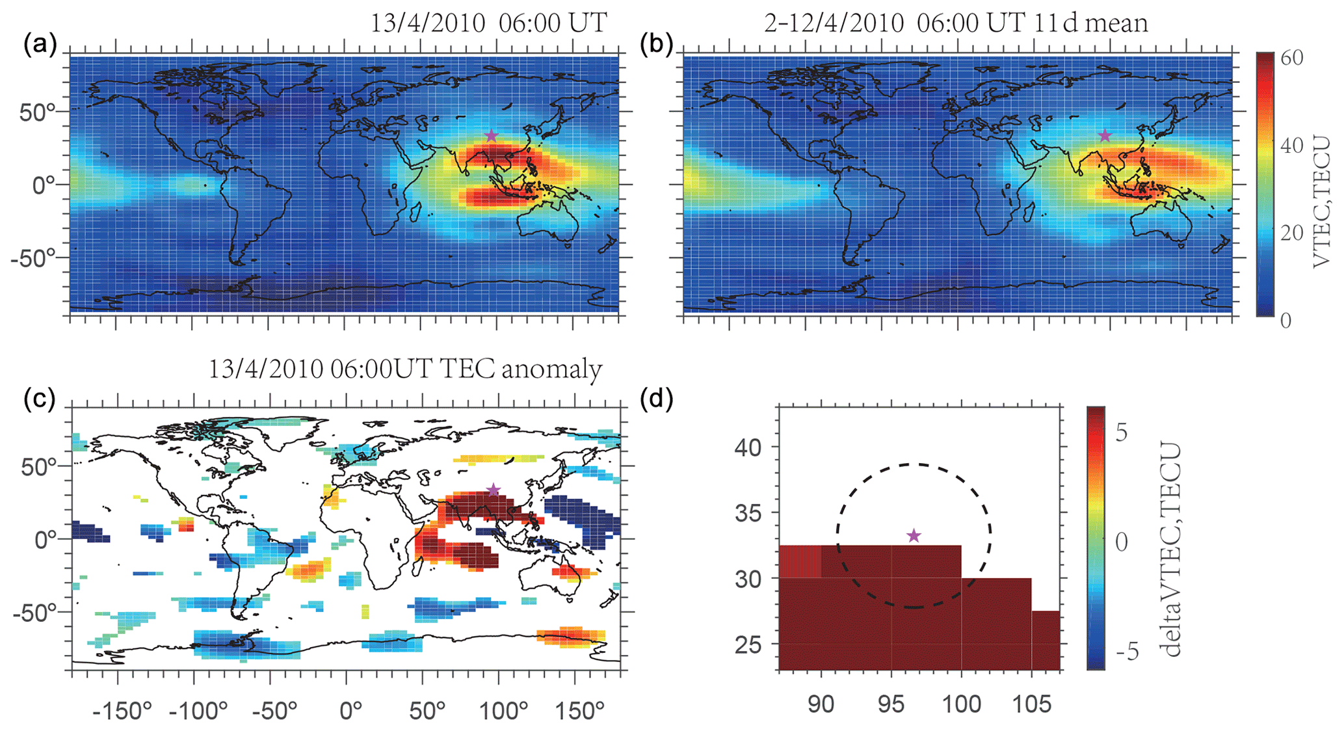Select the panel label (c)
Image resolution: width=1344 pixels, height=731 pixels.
(40, 399)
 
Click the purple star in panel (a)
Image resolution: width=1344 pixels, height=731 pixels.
(492, 136)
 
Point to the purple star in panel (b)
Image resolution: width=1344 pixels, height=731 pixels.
(1105, 136)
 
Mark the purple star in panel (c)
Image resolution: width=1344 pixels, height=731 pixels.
(494, 490)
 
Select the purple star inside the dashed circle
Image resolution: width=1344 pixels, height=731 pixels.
(914, 536)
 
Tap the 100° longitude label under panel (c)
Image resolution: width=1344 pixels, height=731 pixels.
(502, 711)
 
